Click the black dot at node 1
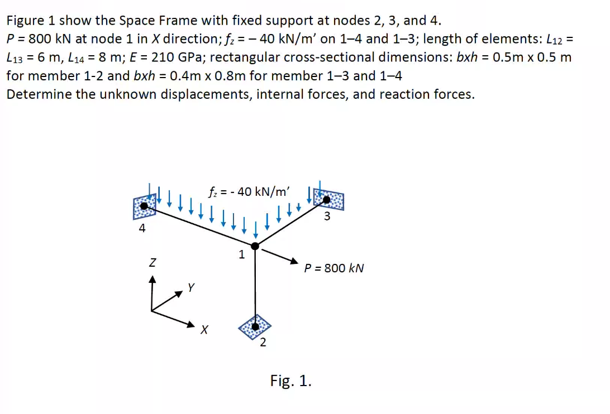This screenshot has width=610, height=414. coord(255,245)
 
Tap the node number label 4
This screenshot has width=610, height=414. coord(142,228)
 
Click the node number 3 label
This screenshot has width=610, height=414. coord(327,217)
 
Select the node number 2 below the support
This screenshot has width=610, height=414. coord(263,343)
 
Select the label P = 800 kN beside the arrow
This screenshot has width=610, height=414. coord(334,268)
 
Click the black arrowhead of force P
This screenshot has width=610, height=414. coord(293,260)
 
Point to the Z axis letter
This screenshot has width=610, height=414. coord(152,261)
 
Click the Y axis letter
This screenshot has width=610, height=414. coord(191,288)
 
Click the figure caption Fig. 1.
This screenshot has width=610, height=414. coord(290,381)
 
